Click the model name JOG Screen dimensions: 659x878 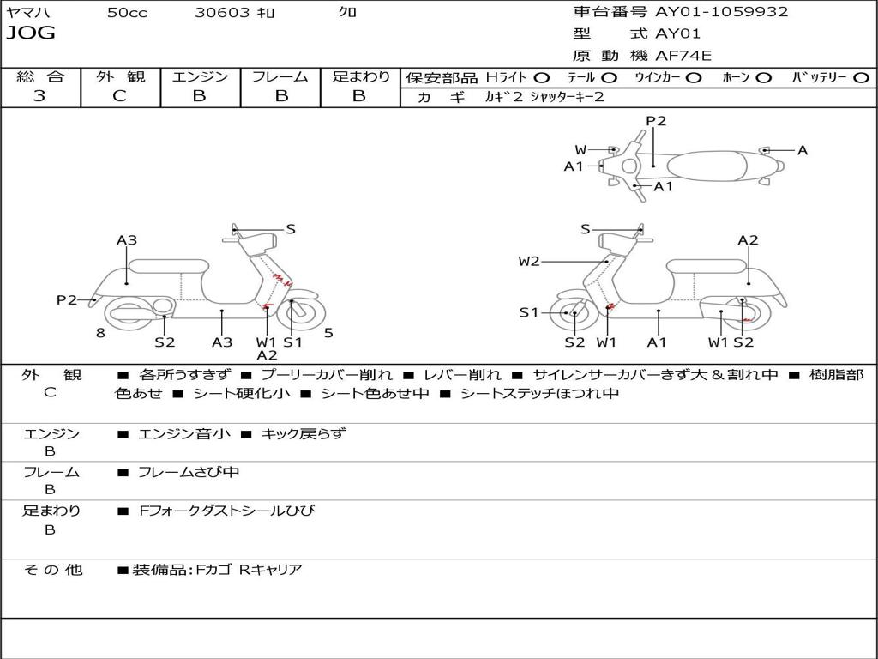[31, 33]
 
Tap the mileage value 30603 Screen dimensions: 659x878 [222, 13]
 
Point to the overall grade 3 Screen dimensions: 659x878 [39, 96]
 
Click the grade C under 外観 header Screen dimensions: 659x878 [119, 96]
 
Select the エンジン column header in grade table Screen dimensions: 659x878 [200, 77]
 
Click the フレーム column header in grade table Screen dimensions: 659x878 [280, 77]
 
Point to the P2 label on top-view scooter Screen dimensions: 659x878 [656, 121]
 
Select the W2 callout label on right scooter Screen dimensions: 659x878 [529, 262]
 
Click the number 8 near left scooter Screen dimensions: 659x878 [100, 333]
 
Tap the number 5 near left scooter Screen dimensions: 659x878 [328, 333]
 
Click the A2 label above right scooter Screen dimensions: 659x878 [748, 240]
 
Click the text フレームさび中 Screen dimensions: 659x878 [189, 472]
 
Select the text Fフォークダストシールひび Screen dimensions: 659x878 [226, 511]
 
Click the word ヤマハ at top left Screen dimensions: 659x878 [26, 13]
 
